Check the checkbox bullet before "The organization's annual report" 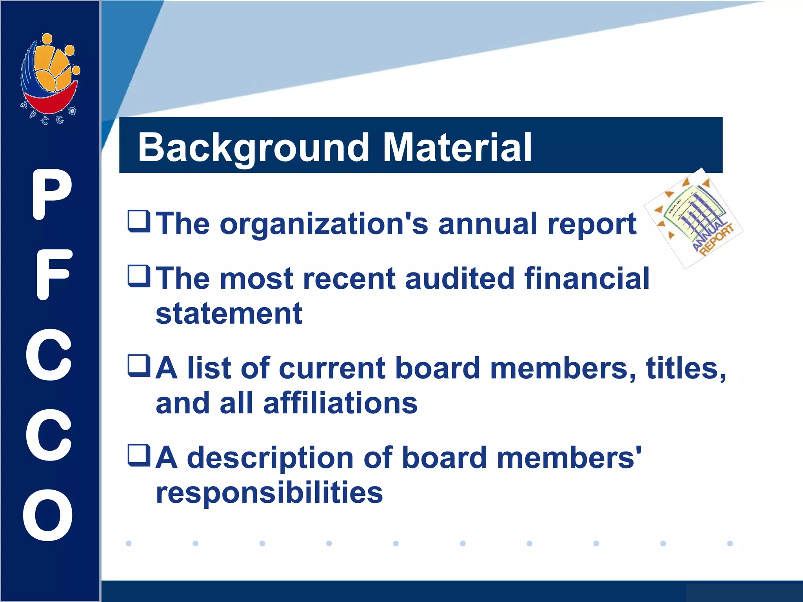pos(139,221)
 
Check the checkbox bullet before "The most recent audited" pos(139,276)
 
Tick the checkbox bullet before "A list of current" pos(139,366)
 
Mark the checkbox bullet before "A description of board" pos(139,455)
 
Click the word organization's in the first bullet pos(324,224)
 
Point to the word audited pos(459,279)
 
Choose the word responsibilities pos(269,493)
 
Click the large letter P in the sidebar pos(51,194)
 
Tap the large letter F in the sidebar pos(53,275)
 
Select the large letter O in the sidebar pos(48,515)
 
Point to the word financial pos(587,279)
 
